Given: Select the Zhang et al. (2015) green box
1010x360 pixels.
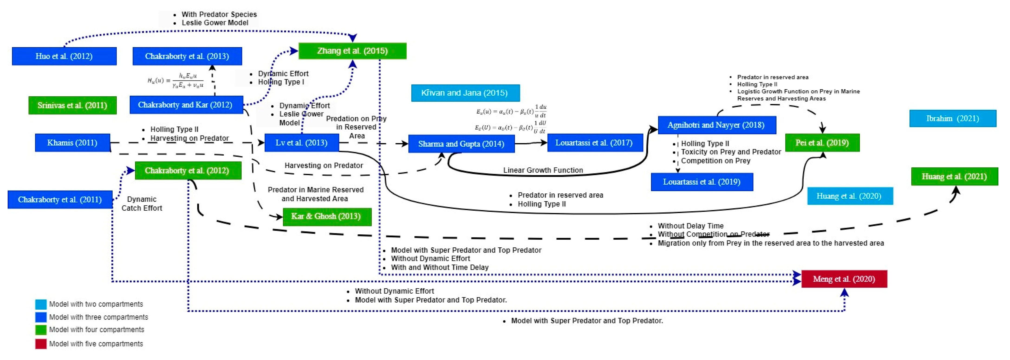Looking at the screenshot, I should [x=352, y=51].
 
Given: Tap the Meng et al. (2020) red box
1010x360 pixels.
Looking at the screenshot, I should [x=844, y=279].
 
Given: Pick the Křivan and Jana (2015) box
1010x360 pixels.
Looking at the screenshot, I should [x=465, y=93].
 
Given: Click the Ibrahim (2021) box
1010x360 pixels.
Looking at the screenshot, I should [x=952, y=118].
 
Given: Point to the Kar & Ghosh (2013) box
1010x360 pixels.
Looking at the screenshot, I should [x=327, y=216].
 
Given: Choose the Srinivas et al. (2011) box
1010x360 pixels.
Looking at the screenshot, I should [x=72, y=105].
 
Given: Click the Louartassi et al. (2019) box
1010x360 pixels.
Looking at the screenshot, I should [x=701, y=182].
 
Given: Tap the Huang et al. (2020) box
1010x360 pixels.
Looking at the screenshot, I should [x=850, y=196].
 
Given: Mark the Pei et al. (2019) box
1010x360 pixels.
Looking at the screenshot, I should [x=822, y=143].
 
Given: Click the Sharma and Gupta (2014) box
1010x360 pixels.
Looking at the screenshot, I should [x=461, y=144].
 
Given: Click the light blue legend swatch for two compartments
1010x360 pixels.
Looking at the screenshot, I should [x=41, y=304].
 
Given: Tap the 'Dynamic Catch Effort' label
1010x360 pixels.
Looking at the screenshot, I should [x=142, y=203].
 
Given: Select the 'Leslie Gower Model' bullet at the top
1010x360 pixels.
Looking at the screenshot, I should [x=214, y=23].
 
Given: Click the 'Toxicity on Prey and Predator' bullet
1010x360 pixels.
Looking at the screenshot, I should [x=731, y=152].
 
